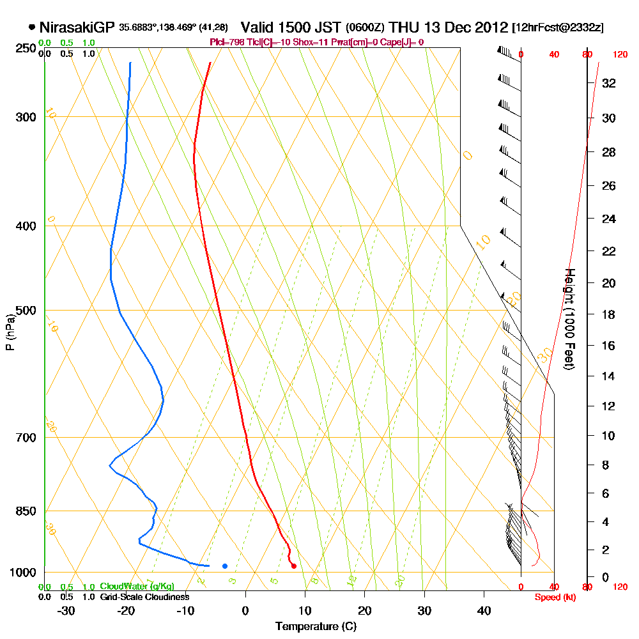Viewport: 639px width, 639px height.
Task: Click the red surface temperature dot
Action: pyautogui.click(x=293, y=566)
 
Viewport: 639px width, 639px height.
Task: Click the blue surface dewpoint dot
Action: pyautogui.click(x=224, y=566)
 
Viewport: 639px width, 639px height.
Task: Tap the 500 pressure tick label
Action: pyautogui.click(x=24, y=311)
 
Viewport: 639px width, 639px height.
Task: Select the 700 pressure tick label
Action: pyautogui.click(x=24, y=438)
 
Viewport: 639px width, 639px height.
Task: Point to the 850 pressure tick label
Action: pyautogui.click(x=24, y=511)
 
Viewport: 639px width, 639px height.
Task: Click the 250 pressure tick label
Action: pyautogui.click(x=24, y=49)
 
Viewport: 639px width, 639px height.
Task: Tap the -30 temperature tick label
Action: pyautogui.click(x=66, y=610)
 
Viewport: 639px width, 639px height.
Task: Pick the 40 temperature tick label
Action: pyautogui.click(x=484, y=610)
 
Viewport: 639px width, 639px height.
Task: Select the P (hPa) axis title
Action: pyautogui.click(x=10, y=332)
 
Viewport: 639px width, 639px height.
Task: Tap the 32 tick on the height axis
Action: pyautogui.click(x=609, y=83)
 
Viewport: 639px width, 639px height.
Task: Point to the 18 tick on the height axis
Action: pyautogui.click(x=609, y=314)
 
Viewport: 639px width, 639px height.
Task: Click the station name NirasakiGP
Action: pyautogui.click(x=77, y=27)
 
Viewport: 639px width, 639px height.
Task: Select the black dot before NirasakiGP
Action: pyautogui.click(x=32, y=27)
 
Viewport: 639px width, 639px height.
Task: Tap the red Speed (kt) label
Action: pyautogui.click(x=555, y=597)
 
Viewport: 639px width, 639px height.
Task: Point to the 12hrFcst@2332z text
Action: pyautogui.click(x=558, y=28)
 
